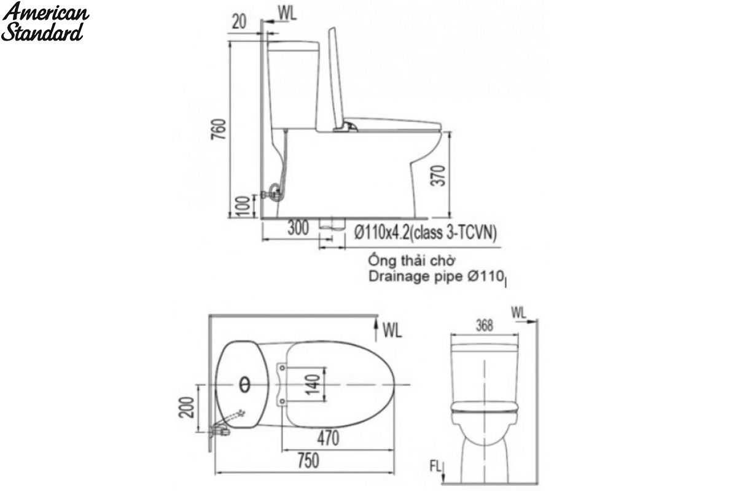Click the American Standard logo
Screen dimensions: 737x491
(45, 21)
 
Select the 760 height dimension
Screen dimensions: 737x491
(220, 129)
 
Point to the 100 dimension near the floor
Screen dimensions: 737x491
(243, 206)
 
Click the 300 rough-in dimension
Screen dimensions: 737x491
(298, 228)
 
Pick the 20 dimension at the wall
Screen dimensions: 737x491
(239, 22)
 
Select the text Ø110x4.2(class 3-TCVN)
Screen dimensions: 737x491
(426, 233)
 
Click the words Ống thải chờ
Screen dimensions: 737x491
(411, 261)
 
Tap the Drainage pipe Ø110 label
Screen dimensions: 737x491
(436, 277)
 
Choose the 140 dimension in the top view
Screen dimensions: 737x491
(313, 384)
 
